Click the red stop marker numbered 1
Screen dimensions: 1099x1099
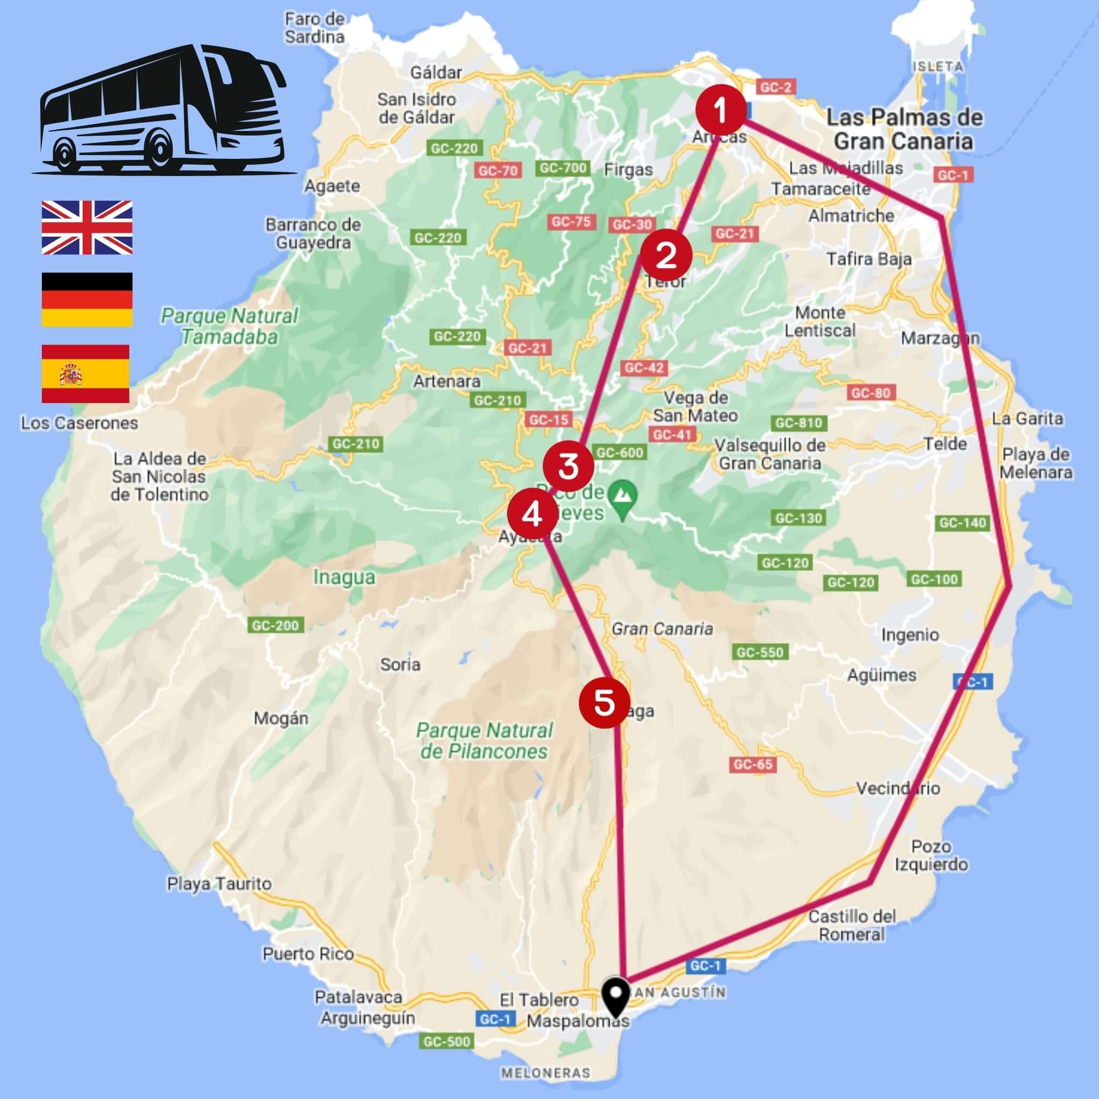point(721,111)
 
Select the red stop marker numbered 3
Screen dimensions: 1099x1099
point(568,466)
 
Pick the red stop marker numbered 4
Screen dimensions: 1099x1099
point(532,515)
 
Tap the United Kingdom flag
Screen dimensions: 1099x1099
point(87,227)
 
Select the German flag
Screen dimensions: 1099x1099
point(87,299)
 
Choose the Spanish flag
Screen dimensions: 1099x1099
point(85,373)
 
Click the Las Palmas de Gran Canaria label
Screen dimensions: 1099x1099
point(904,129)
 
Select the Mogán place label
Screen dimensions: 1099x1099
point(281,719)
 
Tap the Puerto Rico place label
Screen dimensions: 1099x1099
point(307,954)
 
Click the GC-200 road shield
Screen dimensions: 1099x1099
point(275,626)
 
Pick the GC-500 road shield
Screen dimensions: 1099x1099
point(447,1058)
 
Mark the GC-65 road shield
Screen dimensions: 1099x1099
point(753,765)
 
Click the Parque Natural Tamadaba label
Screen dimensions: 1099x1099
point(230,326)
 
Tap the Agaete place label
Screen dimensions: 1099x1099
point(332,186)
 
